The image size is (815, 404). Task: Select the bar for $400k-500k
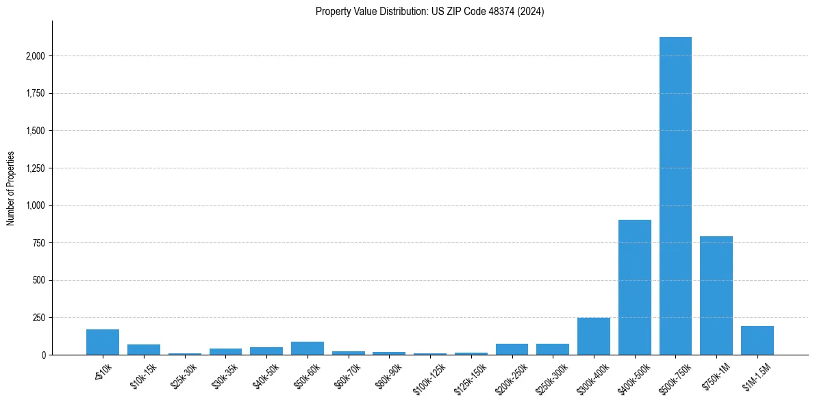(x=634, y=287)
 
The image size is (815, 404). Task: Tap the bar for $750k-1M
(x=716, y=295)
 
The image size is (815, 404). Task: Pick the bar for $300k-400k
(x=594, y=336)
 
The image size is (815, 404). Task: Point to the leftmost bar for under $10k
(x=103, y=342)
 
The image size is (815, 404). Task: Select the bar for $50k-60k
(x=308, y=348)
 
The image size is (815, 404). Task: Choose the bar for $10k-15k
(x=144, y=349)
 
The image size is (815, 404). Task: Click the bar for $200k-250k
(x=512, y=349)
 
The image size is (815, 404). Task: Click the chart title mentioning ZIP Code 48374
(x=429, y=12)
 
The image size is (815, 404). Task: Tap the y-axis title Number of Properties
(x=10, y=188)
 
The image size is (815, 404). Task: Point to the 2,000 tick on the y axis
(x=36, y=56)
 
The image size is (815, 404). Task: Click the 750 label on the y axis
(x=40, y=243)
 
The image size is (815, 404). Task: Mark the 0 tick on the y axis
(x=44, y=355)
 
